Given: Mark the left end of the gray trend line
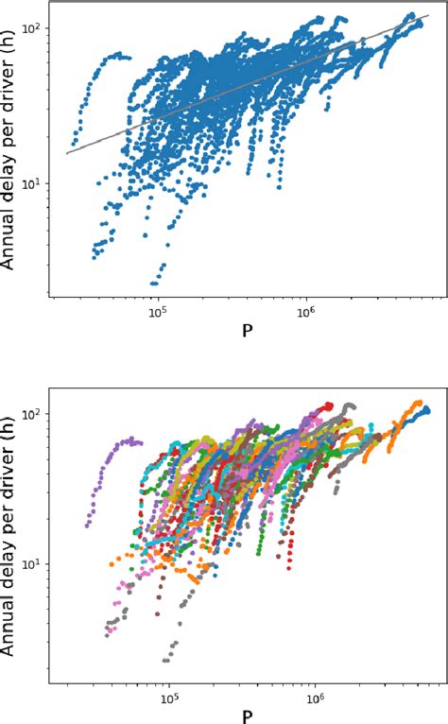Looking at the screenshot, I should (67, 153).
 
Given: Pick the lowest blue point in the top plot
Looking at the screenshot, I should (154, 283).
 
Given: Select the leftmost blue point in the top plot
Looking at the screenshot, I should (72, 144).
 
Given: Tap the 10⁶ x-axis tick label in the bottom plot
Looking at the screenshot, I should (316, 698).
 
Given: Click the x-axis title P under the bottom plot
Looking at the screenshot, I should (249, 715).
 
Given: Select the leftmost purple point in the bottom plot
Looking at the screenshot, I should (87, 525).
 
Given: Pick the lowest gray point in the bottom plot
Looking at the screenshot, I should (166, 661).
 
